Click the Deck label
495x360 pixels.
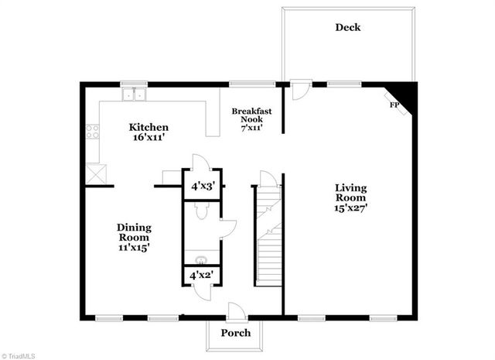[347, 27]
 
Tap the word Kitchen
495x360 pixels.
[148, 127]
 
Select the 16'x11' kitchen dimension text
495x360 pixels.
[148, 138]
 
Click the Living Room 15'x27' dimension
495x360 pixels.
[350, 207]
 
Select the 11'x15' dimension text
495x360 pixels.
[133, 247]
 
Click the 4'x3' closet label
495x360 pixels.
[201, 187]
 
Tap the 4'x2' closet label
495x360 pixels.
[201, 274]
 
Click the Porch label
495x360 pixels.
[236, 333]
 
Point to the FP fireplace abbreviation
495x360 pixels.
[393, 104]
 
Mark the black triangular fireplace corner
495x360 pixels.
[408, 94]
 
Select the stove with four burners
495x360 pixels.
[93, 132]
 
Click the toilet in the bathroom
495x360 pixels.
[200, 211]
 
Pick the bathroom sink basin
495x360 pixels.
[200, 259]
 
